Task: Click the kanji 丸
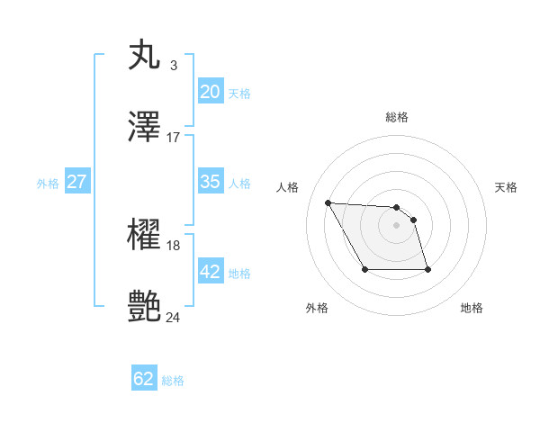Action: pos(145,55)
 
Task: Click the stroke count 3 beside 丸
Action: pos(173,65)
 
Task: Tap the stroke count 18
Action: pos(174,245)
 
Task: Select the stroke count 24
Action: pos(174,317)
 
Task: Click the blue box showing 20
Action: pos(210,92)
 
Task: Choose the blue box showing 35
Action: pos(210,182)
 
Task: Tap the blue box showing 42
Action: pos(210,272)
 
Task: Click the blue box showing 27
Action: pos(76,182)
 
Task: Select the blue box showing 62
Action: pos(144,379)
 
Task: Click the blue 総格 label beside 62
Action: pos(173,381)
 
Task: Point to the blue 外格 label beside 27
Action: pos(48,184)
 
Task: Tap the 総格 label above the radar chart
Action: pos(397,117)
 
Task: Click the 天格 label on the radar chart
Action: pos(507,187)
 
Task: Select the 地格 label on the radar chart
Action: pos(472,308)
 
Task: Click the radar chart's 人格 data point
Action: pos(328,202)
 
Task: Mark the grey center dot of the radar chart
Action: pos(397,225)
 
